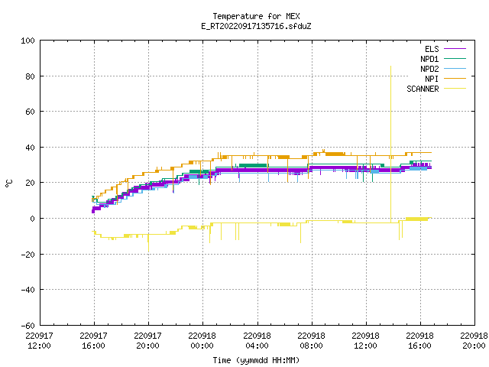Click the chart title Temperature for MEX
click(x=256, y=16)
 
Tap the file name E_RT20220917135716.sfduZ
click(x=256, y=26)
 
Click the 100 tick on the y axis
click(x=28, y=41)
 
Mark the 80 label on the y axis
click(x=30, y=76)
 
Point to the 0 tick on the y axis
click(x=32, y=219)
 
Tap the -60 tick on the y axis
click(x=28, y=325)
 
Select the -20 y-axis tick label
click(x=28, y=254)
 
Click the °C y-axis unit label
click(x=9, y=183)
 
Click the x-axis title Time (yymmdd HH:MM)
click(x=256, y=360)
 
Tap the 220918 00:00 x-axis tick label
click(x=202, y=340)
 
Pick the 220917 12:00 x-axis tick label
click(x=39, y=340)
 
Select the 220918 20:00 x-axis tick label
click(x=474, y=340)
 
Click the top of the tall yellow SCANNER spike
click(x=390, y=67)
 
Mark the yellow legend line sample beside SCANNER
click(x=455, y=89)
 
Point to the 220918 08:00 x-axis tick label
click(x=311, y=340)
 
